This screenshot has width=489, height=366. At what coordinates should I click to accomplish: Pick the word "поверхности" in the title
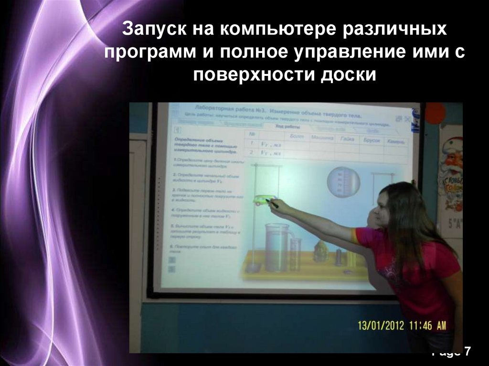262,75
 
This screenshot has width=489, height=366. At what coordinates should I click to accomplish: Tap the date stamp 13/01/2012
381,326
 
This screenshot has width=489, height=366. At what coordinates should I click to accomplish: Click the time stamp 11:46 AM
427,326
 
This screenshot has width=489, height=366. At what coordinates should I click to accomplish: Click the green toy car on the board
262,200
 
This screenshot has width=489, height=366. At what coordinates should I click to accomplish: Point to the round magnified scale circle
343,182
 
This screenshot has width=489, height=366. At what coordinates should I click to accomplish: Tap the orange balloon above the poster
435,114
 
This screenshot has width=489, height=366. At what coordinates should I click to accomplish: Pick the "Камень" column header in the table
396,141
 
